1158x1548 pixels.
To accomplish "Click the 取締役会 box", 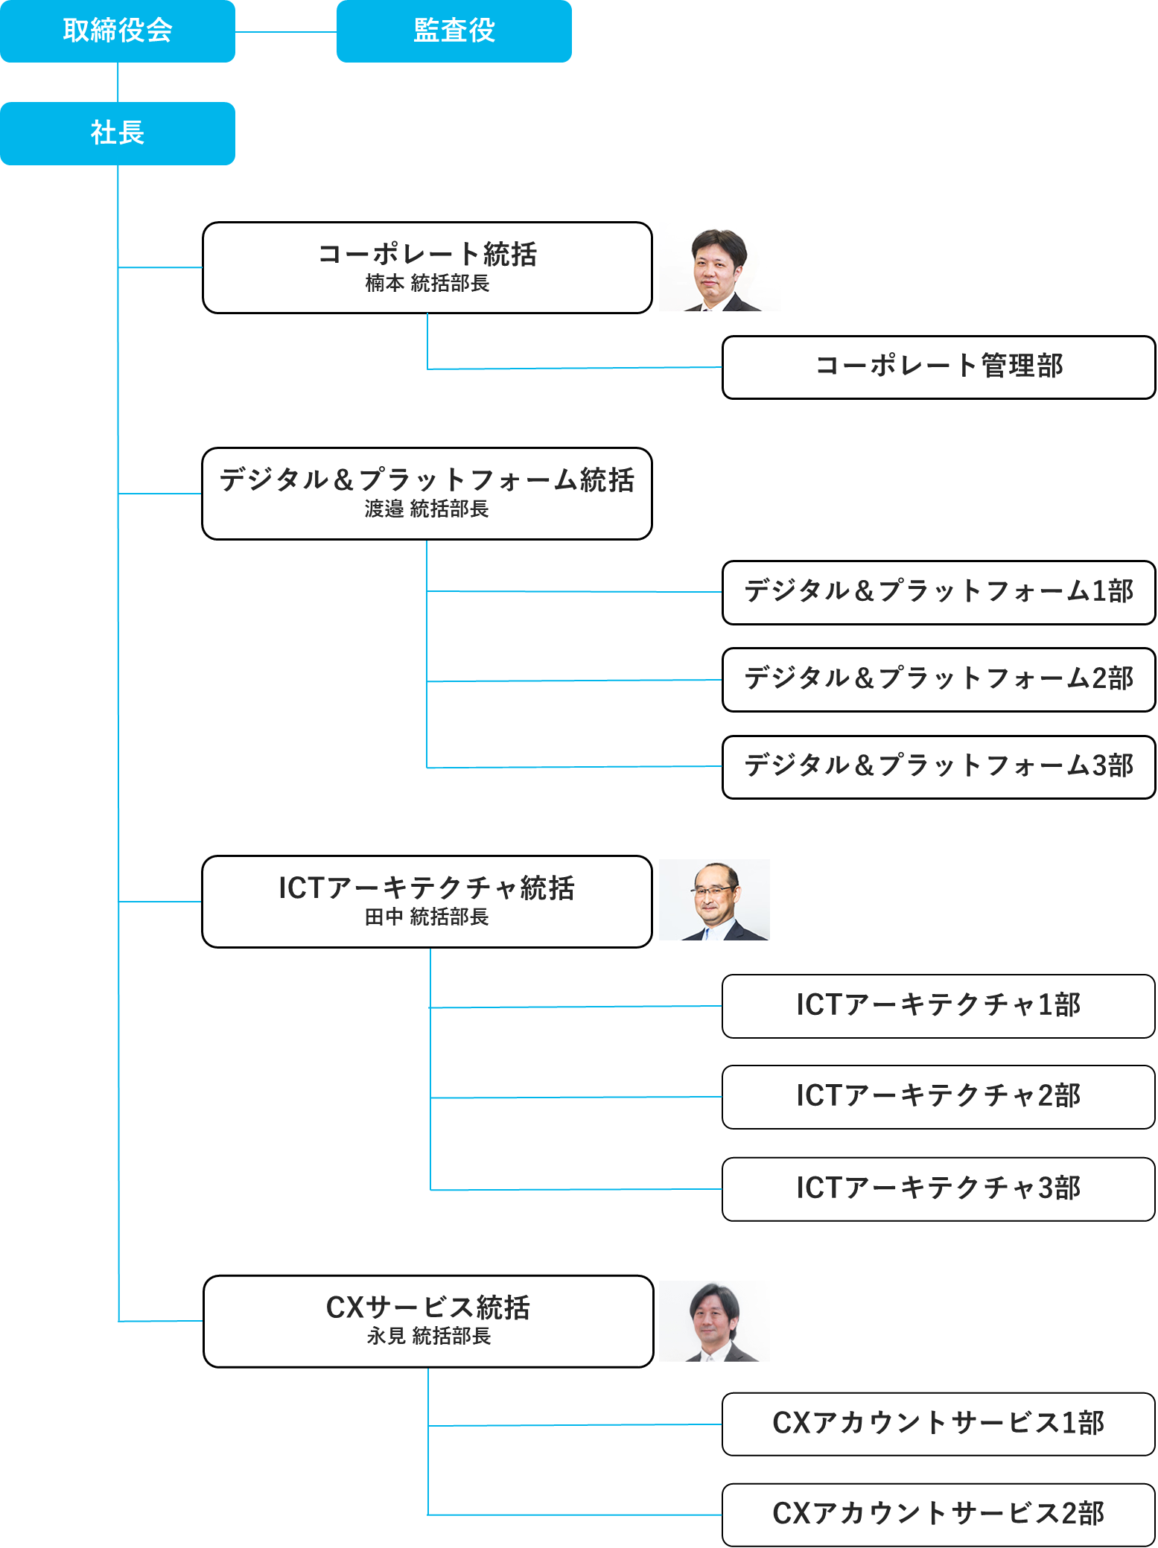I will (118, 31).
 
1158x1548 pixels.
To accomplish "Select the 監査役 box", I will (454, 31).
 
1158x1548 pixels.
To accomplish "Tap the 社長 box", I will (118, 133).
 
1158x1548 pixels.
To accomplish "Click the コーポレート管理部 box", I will (938, 367).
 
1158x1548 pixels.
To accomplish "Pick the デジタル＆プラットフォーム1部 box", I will (938, 592).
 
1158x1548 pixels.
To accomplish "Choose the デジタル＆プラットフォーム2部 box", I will (938, 679).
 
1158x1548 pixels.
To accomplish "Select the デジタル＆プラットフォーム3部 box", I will (938, 767).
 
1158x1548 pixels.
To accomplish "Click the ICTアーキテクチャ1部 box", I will (938, 1006).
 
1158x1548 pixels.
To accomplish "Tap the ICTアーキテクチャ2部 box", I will (938, 1097).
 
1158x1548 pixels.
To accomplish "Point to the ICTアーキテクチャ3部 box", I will (938, 1188).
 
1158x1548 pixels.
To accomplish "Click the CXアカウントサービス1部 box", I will (938, 1424).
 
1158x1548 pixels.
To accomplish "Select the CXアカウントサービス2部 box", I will (938, 1514).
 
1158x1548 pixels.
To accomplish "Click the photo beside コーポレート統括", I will (718, 270).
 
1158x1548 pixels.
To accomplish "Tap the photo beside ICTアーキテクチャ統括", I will (714, 900).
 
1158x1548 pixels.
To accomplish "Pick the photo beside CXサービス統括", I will (714, 1322).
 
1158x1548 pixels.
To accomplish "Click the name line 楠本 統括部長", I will (427, 284).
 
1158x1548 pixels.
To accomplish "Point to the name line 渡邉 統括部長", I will (427, 509).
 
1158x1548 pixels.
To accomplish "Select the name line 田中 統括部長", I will (427, 917).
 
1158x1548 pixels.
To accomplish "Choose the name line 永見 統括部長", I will (428, 1337).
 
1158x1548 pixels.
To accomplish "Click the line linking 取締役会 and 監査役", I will (286, 32).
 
